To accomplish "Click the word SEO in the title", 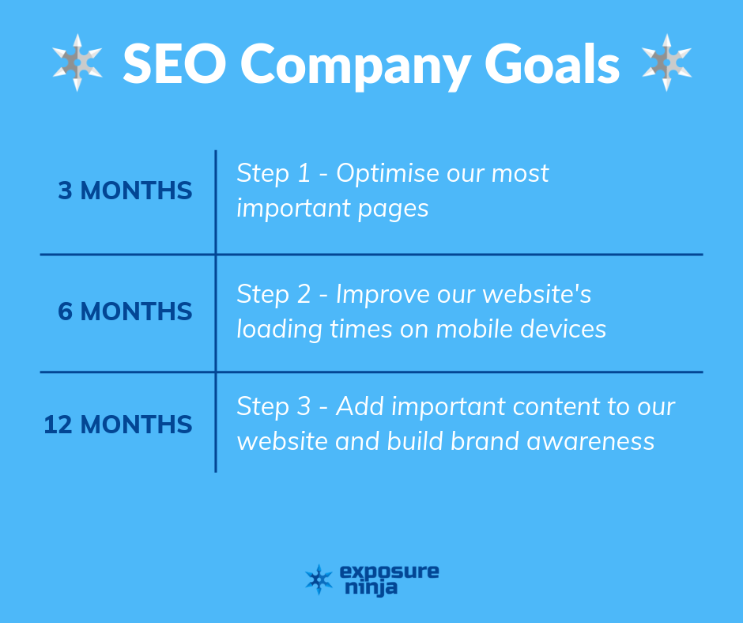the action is pos(175,63).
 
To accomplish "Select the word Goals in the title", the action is pos(552,63).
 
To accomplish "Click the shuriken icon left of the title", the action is pos(77,62).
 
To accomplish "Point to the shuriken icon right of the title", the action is pos(666,62).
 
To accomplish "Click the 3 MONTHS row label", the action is pos(125,191).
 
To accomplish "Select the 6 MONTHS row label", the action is pos(125,311).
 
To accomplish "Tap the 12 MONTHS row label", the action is pos(118,425).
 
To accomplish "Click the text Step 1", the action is pos(273,173).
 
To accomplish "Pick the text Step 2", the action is pos(273,294).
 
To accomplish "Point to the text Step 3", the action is pos(273,407).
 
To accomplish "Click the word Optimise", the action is pos(387,173).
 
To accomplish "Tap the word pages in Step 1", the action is pos(393,210).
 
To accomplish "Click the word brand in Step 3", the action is pos(485,441).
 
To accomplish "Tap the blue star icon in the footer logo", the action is pos(319,580).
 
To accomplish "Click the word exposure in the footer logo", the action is pos(390,572).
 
